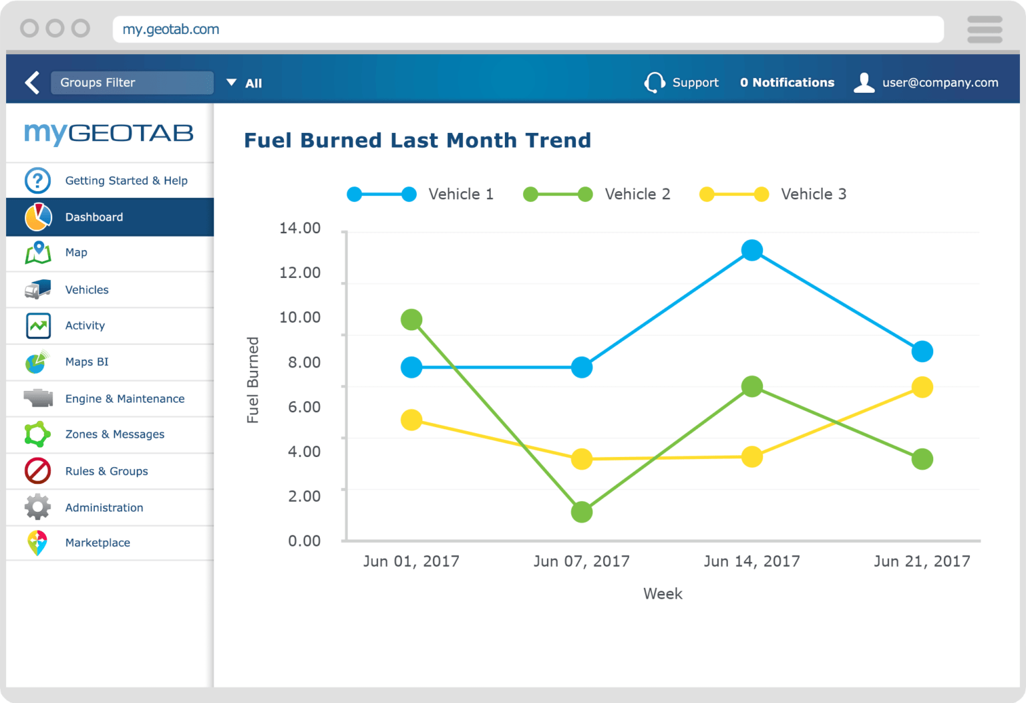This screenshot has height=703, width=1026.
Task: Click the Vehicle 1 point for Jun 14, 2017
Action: click(751, 251)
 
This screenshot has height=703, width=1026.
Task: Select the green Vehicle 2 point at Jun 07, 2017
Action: click(582, 512)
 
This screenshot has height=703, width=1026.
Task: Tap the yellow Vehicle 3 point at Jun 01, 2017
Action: click(411, 420)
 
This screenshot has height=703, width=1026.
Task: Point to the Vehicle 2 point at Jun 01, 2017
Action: click(411, 319)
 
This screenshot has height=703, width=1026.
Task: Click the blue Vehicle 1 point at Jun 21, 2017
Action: click(922, 351)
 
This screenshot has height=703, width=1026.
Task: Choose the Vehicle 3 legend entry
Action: click(813, 194)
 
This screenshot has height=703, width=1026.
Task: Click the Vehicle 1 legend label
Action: click(460, 194)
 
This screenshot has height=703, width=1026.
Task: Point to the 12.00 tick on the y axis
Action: click(300, 273)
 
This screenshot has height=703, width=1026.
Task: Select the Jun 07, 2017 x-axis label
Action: click(581, 561)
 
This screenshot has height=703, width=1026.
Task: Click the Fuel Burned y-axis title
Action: click(252, 380)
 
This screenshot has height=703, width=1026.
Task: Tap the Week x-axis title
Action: click(663, 593)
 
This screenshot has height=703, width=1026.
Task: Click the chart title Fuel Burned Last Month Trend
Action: click(417, 140)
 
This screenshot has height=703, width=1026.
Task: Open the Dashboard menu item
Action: click(94, 217)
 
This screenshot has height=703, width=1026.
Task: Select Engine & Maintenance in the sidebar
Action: click(124, 399)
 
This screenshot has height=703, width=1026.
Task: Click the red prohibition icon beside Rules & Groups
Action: click(37, 470)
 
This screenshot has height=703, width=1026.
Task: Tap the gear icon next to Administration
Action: click(37, 507)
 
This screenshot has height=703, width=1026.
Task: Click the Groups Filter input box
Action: click(132, 83)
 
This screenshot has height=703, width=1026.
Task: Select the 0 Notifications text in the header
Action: click(787, 83)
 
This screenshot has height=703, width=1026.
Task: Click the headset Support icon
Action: click(654, 83)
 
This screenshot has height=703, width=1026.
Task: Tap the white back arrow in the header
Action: click(32, 83)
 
